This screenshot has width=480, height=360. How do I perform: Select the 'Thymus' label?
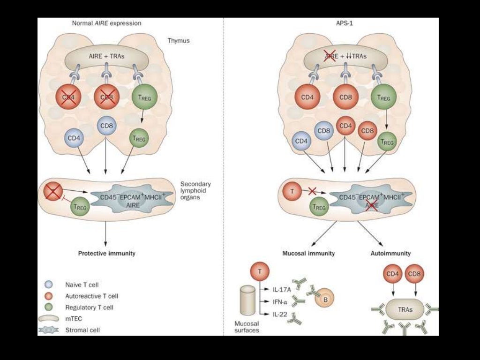(x=179, y=41)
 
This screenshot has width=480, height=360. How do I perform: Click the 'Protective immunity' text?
(x=106, y=253)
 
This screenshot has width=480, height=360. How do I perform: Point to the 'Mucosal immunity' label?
(x=308, y=253)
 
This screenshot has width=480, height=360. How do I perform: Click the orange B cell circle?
(x=324, y=298)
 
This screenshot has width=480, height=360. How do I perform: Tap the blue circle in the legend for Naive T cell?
(x=48, y=285)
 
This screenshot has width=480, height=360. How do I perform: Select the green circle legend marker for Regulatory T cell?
(x=48, y=307)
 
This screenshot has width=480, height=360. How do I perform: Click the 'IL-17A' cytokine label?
(x=282, y=289)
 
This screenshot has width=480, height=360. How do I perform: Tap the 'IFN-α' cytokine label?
(x=281, y=301)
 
